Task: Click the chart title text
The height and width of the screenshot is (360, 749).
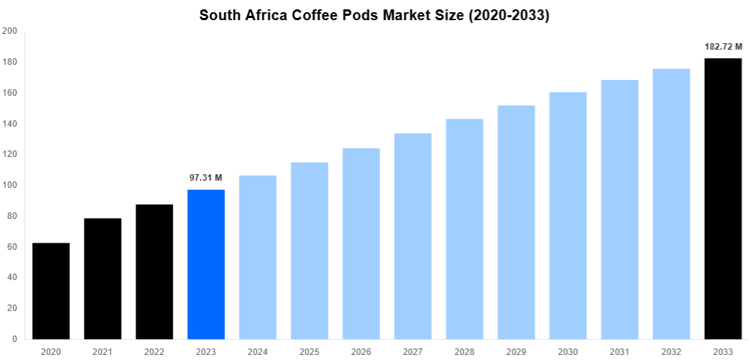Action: (374, 15)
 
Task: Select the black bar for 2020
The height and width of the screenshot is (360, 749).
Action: (51, 291)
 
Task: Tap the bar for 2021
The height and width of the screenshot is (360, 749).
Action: (103, 279)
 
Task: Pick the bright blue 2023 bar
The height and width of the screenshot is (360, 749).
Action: (206, 264)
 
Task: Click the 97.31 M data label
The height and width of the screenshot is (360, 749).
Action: (206, 177)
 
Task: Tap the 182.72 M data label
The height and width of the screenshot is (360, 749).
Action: (723, 47)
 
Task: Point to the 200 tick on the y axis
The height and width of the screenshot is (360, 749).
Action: (10, 31)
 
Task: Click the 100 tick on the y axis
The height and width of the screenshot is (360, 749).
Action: (10, 185)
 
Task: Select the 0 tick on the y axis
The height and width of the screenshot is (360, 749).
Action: (14, 339)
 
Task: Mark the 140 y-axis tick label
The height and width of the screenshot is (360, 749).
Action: (10, 124)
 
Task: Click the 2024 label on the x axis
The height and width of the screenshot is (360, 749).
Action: (258, 351)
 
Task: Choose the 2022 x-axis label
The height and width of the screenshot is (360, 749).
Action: (154, 351)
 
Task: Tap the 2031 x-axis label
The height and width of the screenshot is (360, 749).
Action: (619, 351)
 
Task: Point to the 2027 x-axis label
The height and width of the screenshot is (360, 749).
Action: (413, 351)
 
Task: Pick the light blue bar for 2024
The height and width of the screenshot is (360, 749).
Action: (258, 257)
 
